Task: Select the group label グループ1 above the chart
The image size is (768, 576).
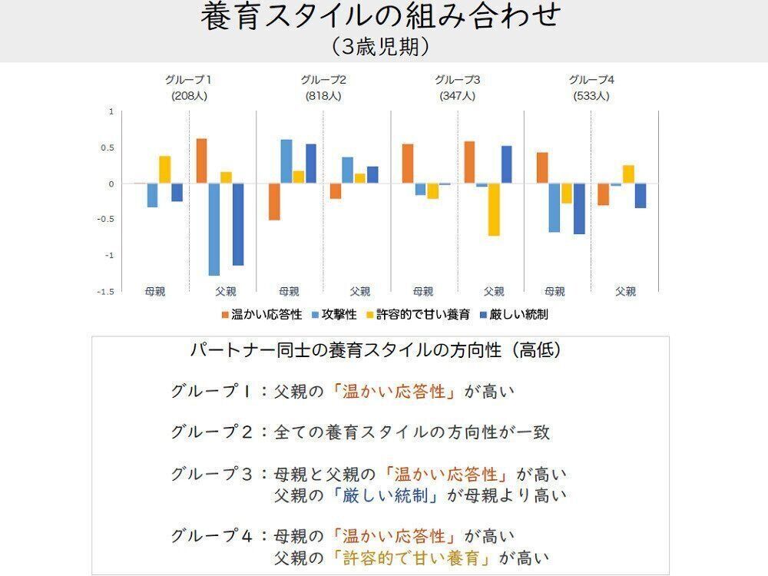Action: (x=188, y=80)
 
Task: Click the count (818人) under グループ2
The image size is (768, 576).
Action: (x=323, y=97)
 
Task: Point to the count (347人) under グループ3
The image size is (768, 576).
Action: (x=458, y=97)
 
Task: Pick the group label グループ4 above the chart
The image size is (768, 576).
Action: (x=591, y=80)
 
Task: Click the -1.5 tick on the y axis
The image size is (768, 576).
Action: (x=105, y=291)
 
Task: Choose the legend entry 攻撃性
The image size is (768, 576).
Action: (x=336, y=314)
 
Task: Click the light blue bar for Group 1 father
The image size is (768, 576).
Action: (x=214, y=229)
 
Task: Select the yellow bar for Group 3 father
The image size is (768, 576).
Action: (x=494, y=209)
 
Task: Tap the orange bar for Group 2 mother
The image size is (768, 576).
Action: (x=274, y=202)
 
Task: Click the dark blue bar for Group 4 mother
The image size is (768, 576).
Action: (x=579, y=208)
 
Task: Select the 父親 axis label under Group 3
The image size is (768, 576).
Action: (x=494, y=292)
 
